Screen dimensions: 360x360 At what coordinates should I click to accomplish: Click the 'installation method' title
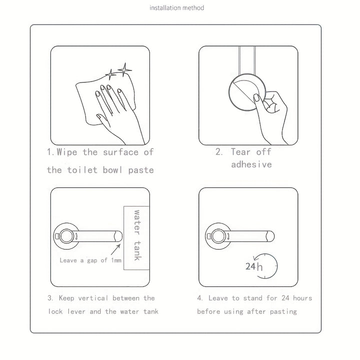point(176,8)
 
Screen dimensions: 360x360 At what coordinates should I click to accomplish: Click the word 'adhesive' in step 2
point(251,164)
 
